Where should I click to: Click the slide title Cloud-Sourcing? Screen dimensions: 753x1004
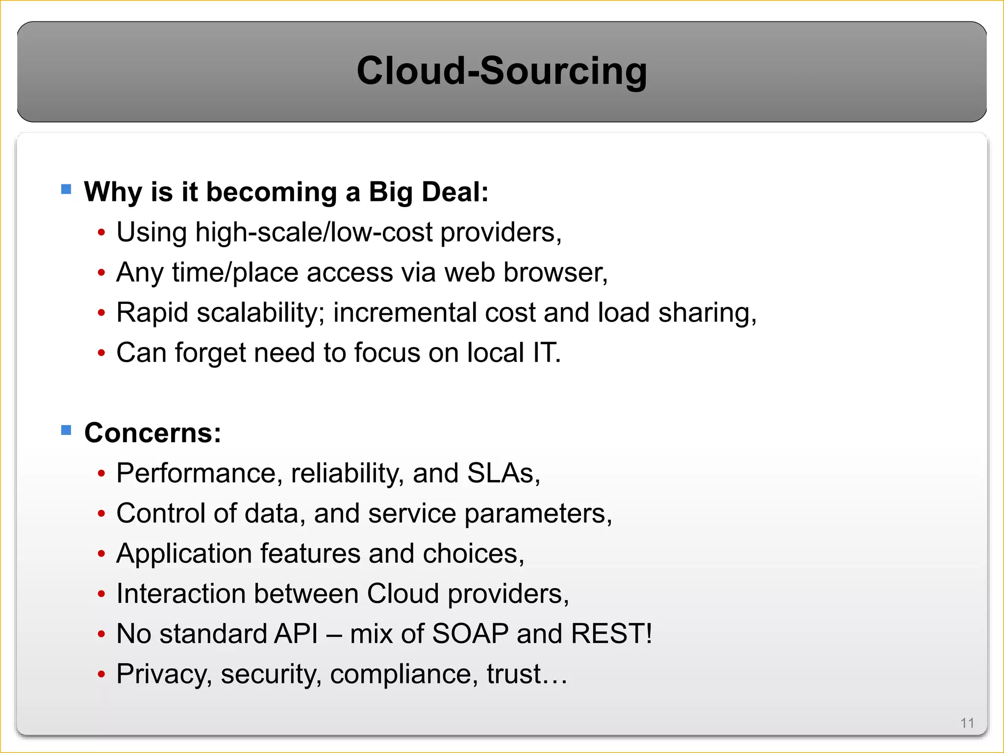[x=502, y=71]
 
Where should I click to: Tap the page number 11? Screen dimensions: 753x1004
[x=967, y=723]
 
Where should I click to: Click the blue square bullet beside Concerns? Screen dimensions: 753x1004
[x=66, y=430]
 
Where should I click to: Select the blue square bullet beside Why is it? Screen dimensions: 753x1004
[x=66, y=189]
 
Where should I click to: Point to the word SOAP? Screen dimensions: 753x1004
[x=470, y=633]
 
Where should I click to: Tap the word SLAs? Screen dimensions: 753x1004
[x=503, y=473]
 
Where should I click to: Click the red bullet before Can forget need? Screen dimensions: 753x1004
[x=101, y=353]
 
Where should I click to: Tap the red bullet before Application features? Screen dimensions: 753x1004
[x=101, y=554]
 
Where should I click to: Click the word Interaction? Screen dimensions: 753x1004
[x=181, y=594]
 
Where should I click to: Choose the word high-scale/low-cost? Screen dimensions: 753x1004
[x=314, y=232]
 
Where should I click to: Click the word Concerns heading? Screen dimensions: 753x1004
[x=152, y=433]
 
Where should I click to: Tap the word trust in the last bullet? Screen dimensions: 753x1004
[x=513, y=674]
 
